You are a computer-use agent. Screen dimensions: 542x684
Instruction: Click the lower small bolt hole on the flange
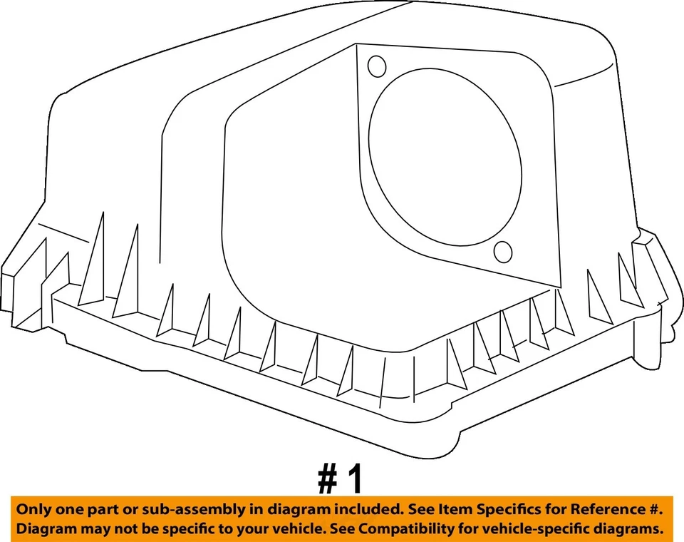(503, 251)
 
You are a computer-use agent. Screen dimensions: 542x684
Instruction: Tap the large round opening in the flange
(445, 160)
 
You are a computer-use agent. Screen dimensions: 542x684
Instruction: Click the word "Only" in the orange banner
(33, 510)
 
